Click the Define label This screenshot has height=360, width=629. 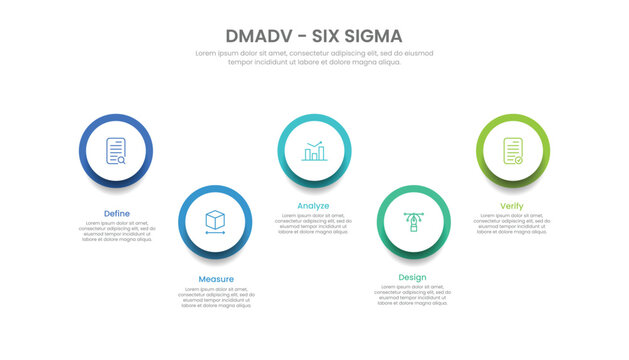116,213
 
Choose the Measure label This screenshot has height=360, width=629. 215,279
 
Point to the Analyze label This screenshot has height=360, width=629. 313,206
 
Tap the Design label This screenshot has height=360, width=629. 412,277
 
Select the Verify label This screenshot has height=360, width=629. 511,206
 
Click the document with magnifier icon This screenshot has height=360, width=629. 116,151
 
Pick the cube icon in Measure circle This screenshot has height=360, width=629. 214,221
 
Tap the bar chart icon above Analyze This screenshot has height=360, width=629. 314,151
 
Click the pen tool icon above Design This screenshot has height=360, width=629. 413,221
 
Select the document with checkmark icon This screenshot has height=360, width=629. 513,151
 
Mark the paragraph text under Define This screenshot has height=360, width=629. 116,231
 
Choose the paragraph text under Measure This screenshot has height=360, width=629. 215,297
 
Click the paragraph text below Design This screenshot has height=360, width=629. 413,296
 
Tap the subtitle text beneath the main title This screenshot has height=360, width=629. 314,57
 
